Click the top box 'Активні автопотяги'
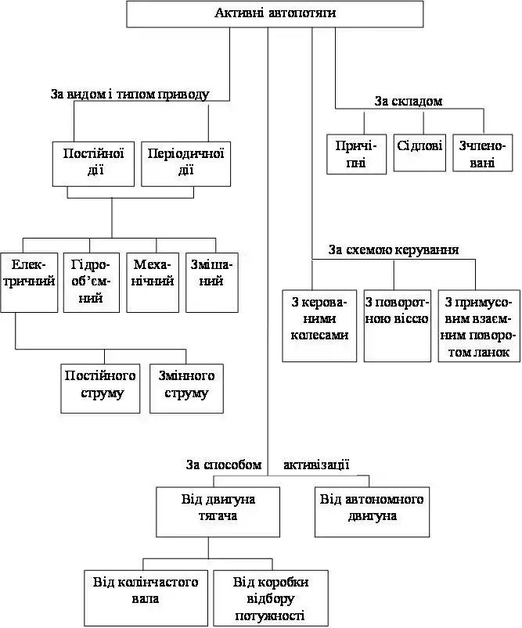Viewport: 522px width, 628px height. coord(275,13)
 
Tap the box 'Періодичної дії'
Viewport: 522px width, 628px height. coord(186,163)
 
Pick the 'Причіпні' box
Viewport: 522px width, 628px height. coord(356,154)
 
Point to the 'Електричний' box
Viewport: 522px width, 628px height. coord(29,282)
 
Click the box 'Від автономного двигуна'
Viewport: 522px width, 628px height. coord(372,511)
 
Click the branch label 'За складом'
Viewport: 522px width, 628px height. coord(409,102)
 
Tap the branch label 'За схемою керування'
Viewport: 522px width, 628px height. coord(394,250)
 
